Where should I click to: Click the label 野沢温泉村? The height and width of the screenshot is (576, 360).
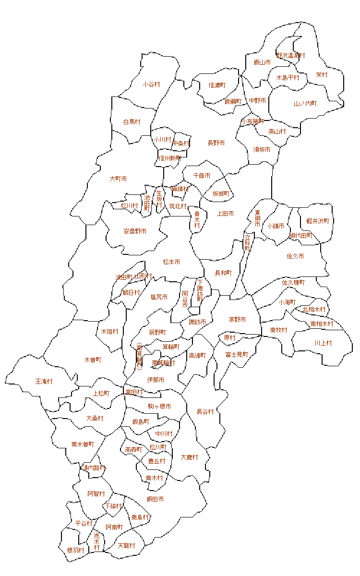point(290,56)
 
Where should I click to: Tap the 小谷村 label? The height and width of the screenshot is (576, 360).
point(151,84)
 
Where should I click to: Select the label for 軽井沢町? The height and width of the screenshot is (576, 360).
point(318,221)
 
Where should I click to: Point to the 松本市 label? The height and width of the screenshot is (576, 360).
point(171,262)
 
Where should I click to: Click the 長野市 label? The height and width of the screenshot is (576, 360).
point(216,143)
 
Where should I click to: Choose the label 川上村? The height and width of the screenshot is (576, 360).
point(323,343)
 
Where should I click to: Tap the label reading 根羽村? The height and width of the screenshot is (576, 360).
point(76,550)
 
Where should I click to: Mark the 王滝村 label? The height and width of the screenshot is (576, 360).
point(44,382)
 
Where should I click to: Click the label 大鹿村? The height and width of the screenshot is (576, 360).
point(190,457)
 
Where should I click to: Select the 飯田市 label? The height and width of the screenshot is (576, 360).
point(155,499)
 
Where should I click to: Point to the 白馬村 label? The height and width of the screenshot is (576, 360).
point(132,122)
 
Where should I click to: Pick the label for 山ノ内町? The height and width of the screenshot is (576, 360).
point(305,104)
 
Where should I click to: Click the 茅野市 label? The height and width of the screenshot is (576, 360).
point(237,320)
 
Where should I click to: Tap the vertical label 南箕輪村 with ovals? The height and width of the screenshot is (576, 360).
point(139,357)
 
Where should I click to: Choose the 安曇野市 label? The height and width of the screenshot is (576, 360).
point(135,231)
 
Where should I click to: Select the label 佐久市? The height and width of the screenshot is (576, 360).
point(295,256)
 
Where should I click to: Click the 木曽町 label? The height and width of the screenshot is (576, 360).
point(93,360)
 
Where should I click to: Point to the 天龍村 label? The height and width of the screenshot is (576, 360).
point(126,546)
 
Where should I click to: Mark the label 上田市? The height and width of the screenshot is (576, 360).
point(226,214)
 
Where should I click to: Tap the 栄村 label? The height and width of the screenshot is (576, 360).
point(322,75)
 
